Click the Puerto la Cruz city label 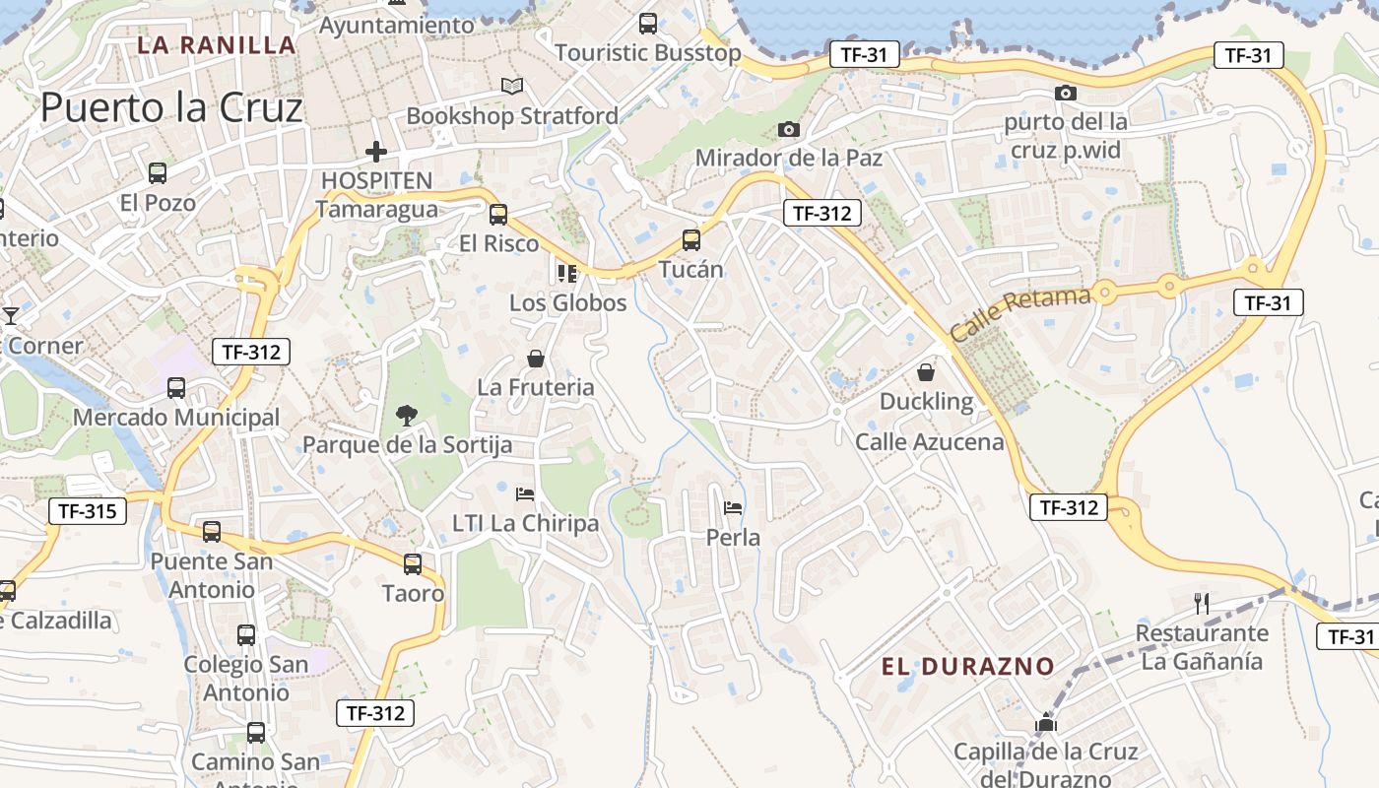coord(171,107)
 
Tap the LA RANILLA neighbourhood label coord(216,44)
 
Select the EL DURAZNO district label coord(967,667)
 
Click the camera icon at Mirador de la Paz coord(788,129)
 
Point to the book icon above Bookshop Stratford coord(511,87)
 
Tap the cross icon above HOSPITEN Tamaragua coord(375,152)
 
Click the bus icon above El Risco coord(498,214)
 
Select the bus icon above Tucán coord(691,239)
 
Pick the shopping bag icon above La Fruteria coord(536,359)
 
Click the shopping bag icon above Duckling coord(926,372)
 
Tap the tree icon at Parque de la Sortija coord(406,416)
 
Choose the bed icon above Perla coord(733,508)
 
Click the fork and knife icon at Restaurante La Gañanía coord(1201,603)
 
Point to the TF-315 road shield coord(88,510)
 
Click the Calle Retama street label coord(1020,312)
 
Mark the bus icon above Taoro coord(413,564)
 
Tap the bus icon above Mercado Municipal coord(176,388)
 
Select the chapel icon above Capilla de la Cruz coord(1045,723)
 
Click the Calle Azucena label coord(929,441)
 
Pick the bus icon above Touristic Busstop coord(648,24)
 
